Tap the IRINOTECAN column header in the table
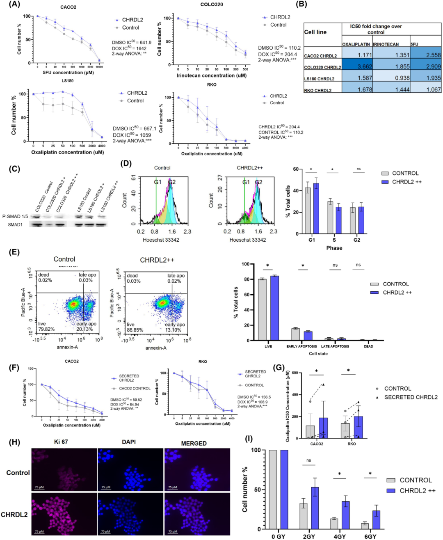(386, 44)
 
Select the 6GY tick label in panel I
(370, 536)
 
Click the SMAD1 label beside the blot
(15, 224)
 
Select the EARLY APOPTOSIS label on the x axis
(301, 346)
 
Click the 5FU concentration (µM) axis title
(68, 73)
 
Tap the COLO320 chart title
(212, 5)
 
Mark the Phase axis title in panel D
(334, 248)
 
